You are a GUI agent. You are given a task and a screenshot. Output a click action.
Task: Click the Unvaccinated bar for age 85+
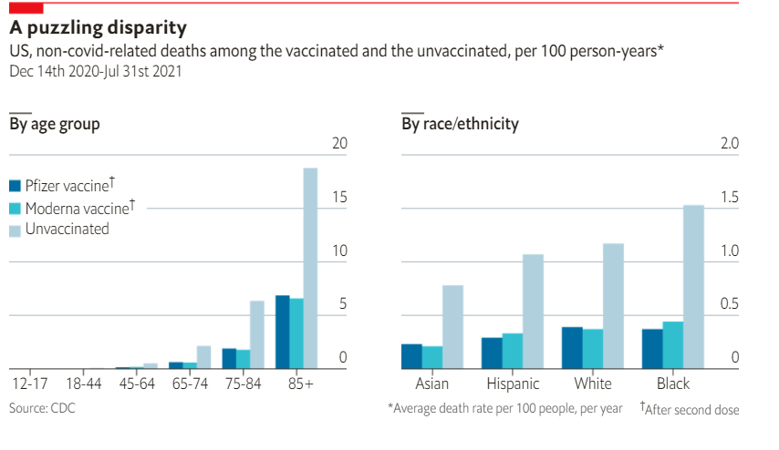(310, 269)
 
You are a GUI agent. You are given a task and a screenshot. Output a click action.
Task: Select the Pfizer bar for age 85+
(283, 332)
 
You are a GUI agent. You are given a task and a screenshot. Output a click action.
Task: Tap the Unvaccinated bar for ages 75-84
(257, 334)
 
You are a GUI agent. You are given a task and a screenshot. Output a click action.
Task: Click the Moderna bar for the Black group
(672, 345)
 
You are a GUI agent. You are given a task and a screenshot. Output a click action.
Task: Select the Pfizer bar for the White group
(572, 347)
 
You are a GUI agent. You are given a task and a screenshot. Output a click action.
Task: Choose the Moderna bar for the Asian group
(432, 357)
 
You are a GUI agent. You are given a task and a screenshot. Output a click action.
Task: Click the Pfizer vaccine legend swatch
(15, 186)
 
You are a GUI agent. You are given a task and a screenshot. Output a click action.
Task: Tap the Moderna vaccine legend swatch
(15, 209)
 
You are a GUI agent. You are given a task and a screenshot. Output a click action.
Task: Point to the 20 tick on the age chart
(339, 144)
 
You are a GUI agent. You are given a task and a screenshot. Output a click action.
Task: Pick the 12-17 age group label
(28, 384)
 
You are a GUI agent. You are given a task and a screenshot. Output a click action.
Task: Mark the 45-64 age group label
(136, 384)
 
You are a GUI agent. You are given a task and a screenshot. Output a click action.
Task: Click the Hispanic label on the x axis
(513, 384)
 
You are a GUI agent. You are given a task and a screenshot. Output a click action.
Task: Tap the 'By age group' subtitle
(55, 124)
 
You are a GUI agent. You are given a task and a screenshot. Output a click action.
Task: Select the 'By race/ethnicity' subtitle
(460, 124)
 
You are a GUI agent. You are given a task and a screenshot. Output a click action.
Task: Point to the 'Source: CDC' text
(42, 409)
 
